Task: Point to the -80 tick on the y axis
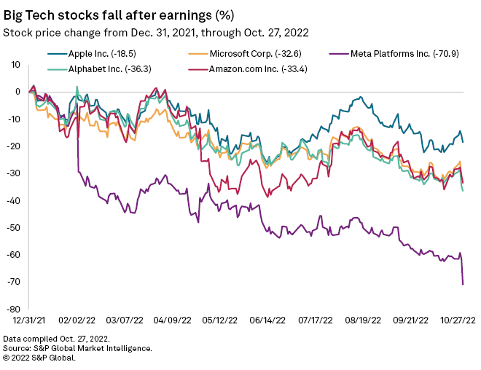point(15,309)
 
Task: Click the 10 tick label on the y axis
point(17,64)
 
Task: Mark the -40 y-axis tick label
point(15,200)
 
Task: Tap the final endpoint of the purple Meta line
point(463,284)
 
